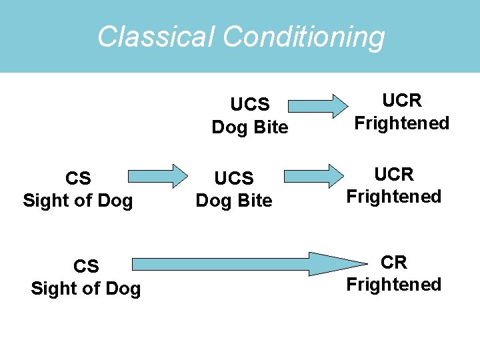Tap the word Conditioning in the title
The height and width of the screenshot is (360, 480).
(x=304, y=37)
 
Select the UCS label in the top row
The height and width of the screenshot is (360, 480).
(x=250, y=105)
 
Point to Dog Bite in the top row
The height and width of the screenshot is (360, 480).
(x=250, y=127)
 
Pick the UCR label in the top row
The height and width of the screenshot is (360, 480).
(x=402, y=101)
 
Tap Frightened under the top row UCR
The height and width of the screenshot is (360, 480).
(x=402, y=123)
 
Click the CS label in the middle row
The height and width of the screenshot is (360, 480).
(x=78, y=179)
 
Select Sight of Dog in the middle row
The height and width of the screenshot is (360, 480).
(x=78, y=201)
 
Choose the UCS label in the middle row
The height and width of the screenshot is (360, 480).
(x=234, y=179)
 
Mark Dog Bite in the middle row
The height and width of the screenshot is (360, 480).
(x=234, y=201)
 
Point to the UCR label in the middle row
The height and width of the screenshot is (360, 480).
(x=394, y=175)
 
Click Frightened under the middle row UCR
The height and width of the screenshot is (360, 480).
(x=394, y=197)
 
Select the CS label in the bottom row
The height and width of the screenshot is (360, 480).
(x=86, y=267)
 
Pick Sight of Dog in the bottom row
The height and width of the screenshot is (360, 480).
(x=86, y=289)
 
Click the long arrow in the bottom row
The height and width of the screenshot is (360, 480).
(x=247, y=264)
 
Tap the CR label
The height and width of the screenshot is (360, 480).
(x=394, y=263)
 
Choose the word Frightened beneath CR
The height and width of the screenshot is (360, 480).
(x=394, y=285)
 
